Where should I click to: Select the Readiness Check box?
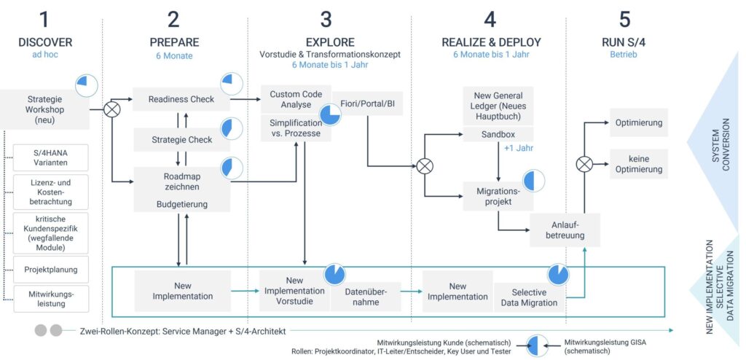coord(181,100)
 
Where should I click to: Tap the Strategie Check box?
coord(181,140)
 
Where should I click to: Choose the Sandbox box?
coord(498,135)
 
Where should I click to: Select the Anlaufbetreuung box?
coord(565,230)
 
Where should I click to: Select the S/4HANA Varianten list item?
coord(51,157)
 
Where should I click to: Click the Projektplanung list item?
coord(51,270)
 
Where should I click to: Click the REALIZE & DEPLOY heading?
coord(492,42)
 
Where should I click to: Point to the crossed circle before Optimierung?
coord(584,164)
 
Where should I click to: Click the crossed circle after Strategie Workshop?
coord(111,109)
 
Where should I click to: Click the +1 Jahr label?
coord(519,149)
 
